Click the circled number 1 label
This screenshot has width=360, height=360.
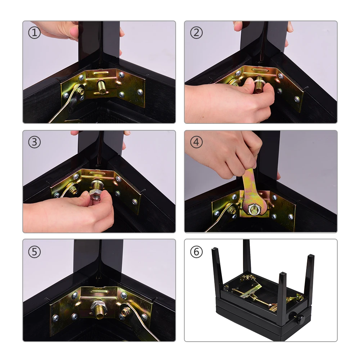click(x=35, y=33)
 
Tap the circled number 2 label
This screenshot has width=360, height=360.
click(x=196, y=33)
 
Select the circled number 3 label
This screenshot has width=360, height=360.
click(x=35, y=142)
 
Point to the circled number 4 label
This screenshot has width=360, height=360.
click(x=196, y=142)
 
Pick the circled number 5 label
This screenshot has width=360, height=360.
click(x=35, y=252)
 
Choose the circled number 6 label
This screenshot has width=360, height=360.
click(x=196, y=252)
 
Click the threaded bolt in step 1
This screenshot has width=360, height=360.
click(x=102, y=86)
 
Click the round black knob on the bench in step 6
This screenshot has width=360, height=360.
click(x=300, y=319)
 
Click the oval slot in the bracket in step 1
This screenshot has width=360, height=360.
click(x=100, y=73)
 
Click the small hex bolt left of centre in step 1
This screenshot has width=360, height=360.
click(x=81, y=91)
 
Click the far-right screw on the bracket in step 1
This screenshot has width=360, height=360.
click(x=140, y=92)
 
